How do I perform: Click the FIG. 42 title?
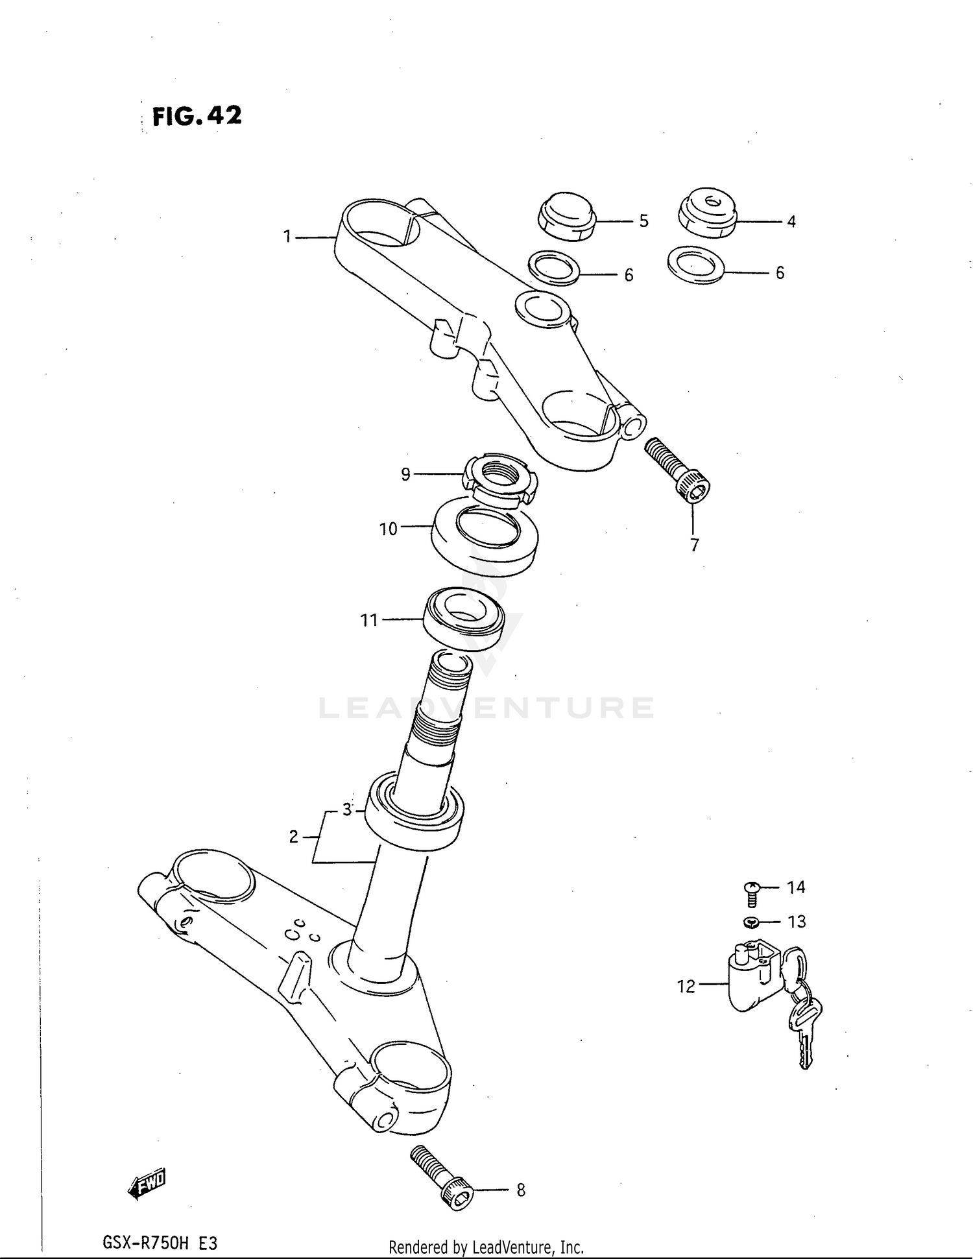click(x=197, y=116)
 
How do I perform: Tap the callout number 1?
click(x=287, y=237)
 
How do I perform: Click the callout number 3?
click(x=347, y=810)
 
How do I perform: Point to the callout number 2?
click(x=293, y=837)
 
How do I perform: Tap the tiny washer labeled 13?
click(x=750, y=922)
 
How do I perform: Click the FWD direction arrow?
click(x=147, y=1183)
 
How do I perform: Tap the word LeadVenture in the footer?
click(x=512, y=1246)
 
